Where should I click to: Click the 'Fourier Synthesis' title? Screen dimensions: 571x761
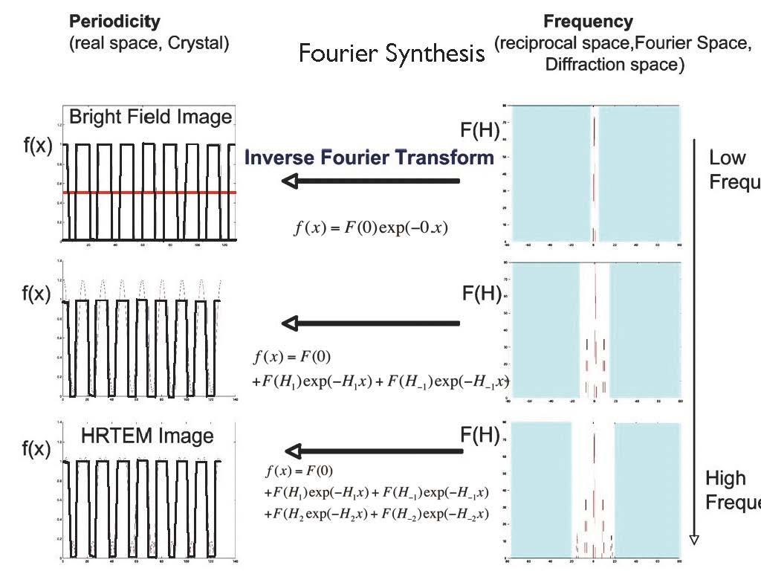click(392, 54)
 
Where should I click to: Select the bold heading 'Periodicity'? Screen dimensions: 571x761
click(114, 22)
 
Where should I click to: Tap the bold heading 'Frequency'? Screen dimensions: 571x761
click(588, 22)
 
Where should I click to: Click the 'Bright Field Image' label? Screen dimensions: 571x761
click(150, 117)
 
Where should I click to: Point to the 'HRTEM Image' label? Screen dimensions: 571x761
click(149, 436)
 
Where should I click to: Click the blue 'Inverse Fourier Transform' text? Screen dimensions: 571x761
click(369, 158)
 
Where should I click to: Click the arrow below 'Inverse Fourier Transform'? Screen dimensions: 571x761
click(371, 181)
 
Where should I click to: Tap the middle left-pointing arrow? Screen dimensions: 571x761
click(371, 323)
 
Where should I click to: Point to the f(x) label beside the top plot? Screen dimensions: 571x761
click(38, 146)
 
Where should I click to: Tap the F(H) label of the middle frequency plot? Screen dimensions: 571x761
click(481, 294)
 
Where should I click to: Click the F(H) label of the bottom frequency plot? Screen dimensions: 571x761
click(479, 435)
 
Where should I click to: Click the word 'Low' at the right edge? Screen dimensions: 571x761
click(727, 158)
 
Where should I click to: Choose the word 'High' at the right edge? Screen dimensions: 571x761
click(725, 478)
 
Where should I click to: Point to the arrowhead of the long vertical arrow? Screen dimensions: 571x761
click(694, 538)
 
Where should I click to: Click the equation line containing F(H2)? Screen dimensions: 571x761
click(376, 514)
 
